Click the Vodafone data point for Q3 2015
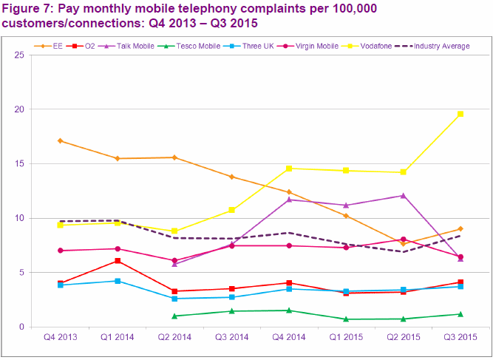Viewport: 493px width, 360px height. pyautogui.click(x=460, y=114)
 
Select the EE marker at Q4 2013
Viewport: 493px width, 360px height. pyautogui.click(x=60, y=141)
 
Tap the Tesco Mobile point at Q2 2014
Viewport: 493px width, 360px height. pyautogui.click(x=174, y=316)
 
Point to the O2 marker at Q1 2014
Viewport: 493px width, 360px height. pyautogui.click(x=118, y=261)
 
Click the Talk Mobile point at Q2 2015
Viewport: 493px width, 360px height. pyautogui.click(x=403, y=195)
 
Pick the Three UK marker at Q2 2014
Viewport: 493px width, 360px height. pyautogui.click(x=174, y=299)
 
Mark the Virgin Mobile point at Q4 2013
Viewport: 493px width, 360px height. pyautogui.click(x=60, y=251)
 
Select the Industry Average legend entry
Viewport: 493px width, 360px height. pyautogui.click(x=438, y=46)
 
